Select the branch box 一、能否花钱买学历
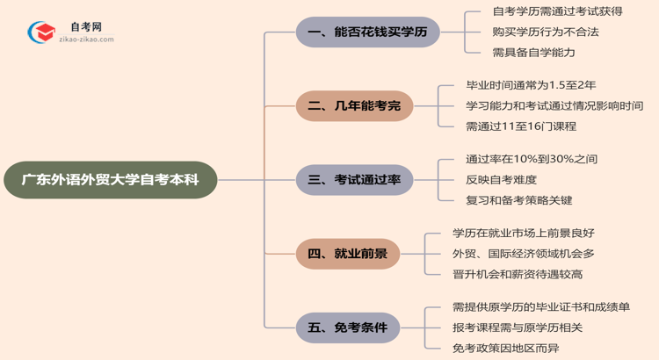[x=366, y=32]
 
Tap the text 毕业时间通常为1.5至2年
[x=532, y=86]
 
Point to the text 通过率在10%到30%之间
[x=532, y=160]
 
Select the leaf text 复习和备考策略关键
[x=519, y=200]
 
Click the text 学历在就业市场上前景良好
[x=523, y=234]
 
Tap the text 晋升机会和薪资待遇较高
[x=518, y=275]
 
